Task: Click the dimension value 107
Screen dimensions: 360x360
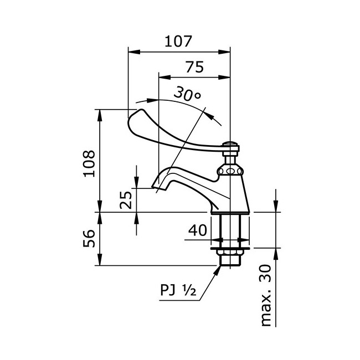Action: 178,41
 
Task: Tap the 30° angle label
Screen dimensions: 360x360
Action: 187,94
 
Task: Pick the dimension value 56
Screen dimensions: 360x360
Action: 89,239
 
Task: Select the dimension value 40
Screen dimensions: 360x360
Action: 198,230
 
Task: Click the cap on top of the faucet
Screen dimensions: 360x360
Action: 230,146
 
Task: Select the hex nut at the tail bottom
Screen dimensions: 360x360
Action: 230,258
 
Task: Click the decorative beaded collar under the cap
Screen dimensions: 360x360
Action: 230,171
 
